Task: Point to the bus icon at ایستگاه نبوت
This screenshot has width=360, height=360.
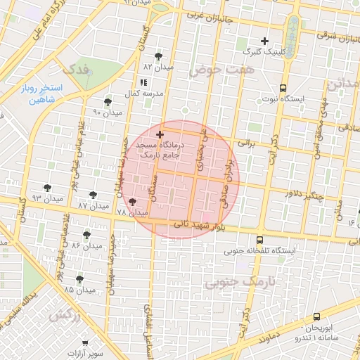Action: tap(283, 88)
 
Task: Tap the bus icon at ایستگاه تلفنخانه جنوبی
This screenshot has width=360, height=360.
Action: tap(260, 240)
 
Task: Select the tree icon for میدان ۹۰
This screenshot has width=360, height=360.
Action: tap(108, 102)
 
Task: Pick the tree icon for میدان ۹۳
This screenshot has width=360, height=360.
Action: tap(47, 188)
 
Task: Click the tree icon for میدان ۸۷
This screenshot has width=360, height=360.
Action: tap(94, 195)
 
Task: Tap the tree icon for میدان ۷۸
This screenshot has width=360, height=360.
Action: tap(133, 202)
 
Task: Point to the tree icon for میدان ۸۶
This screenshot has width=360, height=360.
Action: tap(86, 234)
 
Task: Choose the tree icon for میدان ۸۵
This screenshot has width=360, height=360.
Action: tap(79, 279)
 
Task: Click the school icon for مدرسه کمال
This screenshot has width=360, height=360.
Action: tap(143, 82)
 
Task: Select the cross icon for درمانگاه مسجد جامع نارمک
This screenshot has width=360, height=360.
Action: tap(160, 134)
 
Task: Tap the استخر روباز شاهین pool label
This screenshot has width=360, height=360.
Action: tap(46, 94)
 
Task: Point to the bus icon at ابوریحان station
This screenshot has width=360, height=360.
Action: tap(316, 316)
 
